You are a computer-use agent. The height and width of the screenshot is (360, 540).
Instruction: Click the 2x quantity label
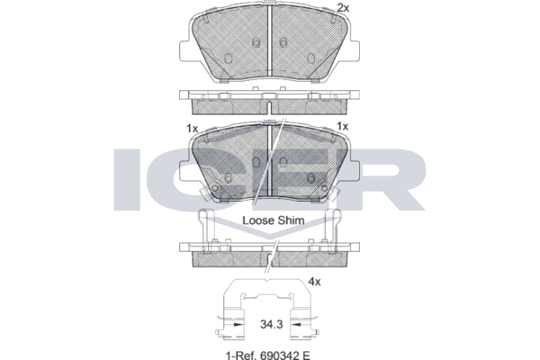pyautogui.click(x=343, y=7)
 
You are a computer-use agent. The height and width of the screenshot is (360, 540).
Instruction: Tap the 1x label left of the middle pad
pyautogui.click(x=193, y=129)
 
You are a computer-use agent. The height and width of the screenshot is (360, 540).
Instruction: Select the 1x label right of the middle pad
pyautogui.click(x=342, y=126)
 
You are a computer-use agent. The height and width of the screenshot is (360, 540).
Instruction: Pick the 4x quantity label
pyautogui.click(x=314, y=282)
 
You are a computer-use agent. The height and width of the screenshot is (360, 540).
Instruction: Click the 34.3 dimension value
pyautogui.click(x=272, y=324)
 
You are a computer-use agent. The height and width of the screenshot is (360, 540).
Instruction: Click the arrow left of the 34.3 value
pyautogui.click(x=236, y=324)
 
